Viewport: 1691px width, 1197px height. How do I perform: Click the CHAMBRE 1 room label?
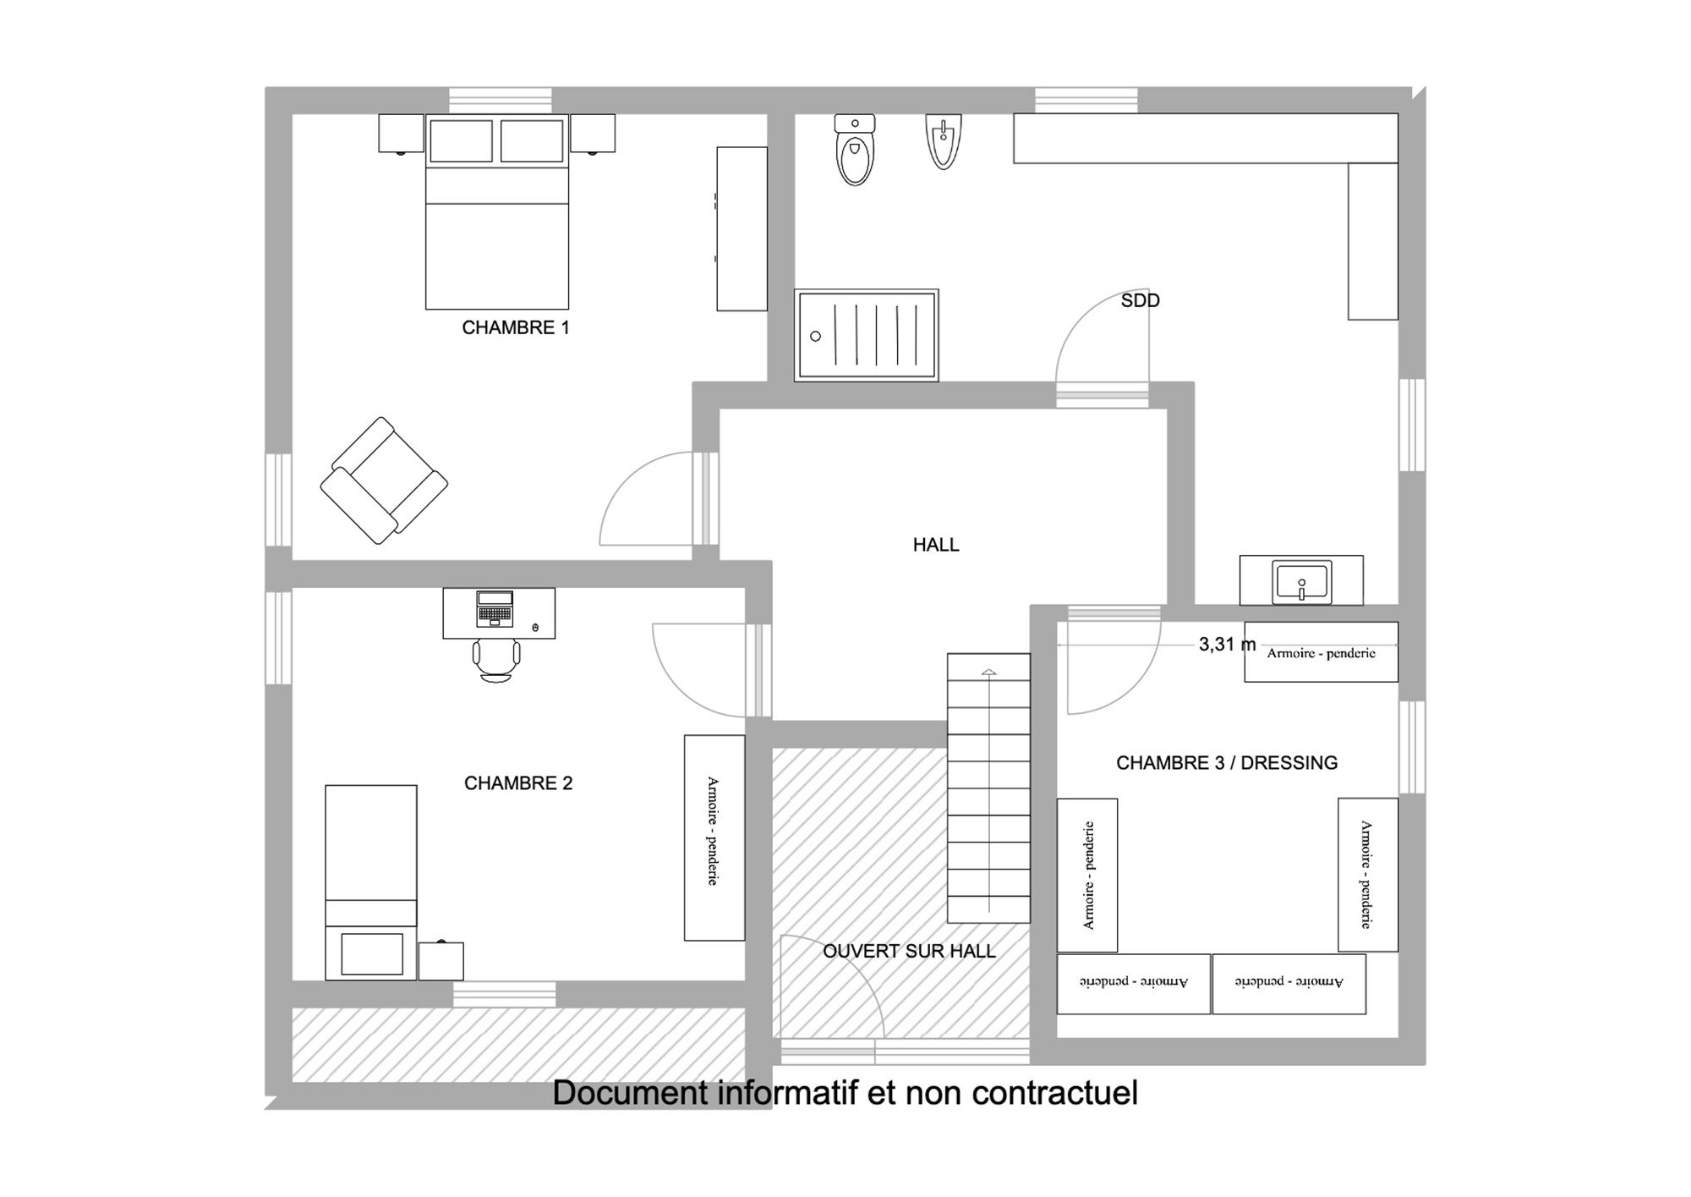pos(516,327)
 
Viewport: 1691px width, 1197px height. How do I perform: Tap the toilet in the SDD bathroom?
pos(855,150)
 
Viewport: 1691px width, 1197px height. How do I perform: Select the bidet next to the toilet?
pos(943,141)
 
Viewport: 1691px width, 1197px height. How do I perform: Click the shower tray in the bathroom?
pos(867,335)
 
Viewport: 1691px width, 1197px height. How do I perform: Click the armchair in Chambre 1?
pos(384,480)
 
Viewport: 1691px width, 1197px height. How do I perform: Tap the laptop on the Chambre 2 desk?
pos(495,608)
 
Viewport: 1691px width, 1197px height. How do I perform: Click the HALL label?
pos(936,545)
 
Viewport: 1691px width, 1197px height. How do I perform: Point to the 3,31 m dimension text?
pos(1227,645)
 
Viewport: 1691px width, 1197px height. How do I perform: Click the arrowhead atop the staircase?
pos(988,673)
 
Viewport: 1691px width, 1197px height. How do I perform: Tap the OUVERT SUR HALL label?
pos(909,951)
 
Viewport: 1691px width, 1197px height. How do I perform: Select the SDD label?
pos(1141,300)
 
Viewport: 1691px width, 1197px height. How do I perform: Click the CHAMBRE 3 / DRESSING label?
pos(1227,763)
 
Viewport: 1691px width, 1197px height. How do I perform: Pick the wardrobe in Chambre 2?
pos(714,837)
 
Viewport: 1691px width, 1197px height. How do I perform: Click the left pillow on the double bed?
pos(461,141)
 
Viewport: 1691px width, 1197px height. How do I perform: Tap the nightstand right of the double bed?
pos(593,134)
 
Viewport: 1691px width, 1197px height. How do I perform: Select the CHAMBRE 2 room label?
pos(518,783)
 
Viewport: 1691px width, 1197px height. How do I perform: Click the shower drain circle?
pos(815,336)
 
